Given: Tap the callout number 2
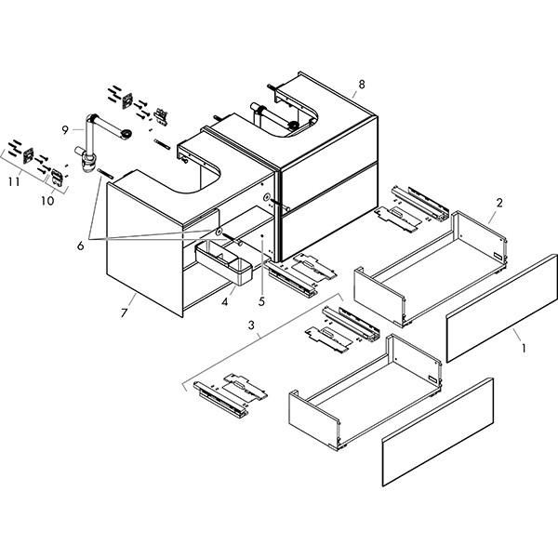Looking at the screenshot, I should tap(499, 203).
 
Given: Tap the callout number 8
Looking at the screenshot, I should tap(361, 85).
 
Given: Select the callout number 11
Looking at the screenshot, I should tap(13, 183).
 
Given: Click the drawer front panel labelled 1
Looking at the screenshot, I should tap(503, 310).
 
